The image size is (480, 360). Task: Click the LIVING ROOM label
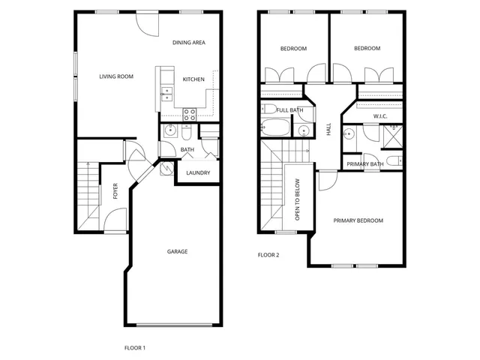pyautogui.click(x=116, y=76)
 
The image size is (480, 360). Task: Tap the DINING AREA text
pyautogui.click(x=188, y=43)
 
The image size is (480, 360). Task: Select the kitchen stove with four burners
pyautogui.click(x=190, y=114)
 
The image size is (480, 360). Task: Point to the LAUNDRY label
pyautogui.click(x=198, y=173)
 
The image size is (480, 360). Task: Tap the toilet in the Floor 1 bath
pyautogui.click(x=187, y=132)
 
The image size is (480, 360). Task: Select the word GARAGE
pyautogui.click(x=177, y=251)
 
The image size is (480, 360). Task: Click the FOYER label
pyautogui.click(x=115, y=193)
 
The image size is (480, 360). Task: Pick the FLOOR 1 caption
pyautogui.click(x=134, y=347)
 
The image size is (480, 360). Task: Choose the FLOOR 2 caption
pyautogui.click(x=268, y=255)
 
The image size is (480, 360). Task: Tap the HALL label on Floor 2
pyautogui.click(x=328, y=130)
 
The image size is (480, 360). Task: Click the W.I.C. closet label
pyautogui.click(x=379, y=115)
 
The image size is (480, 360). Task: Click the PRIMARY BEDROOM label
pyautogui.click(x=358, y=220)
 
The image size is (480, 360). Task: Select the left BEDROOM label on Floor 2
pyautogui.click(x=293, y=49)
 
